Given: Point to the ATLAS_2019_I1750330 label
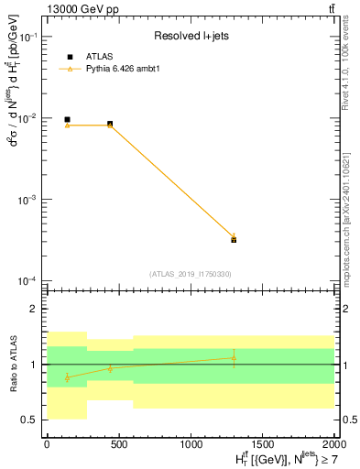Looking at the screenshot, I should [x=190, y=274].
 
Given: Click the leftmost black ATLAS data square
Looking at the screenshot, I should [x=67, y=119].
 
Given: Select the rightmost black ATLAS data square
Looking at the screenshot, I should [x=234, y=239].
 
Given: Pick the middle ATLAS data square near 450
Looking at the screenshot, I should [x=110, y=124].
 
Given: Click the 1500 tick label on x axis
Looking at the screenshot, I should [x=263, y=443].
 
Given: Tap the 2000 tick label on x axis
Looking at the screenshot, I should [x=333, y=443].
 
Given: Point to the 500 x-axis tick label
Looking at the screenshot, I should [x=118, y=443].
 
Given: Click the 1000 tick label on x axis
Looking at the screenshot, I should [x=191, y=443].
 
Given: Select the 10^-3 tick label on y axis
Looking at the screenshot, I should [x=29, y=200].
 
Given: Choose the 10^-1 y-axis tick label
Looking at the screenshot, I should [x=29, y=38].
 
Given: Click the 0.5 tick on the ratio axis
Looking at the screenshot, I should [x=32, y=420].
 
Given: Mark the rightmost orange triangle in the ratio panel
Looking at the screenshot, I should [x=234, y=358].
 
